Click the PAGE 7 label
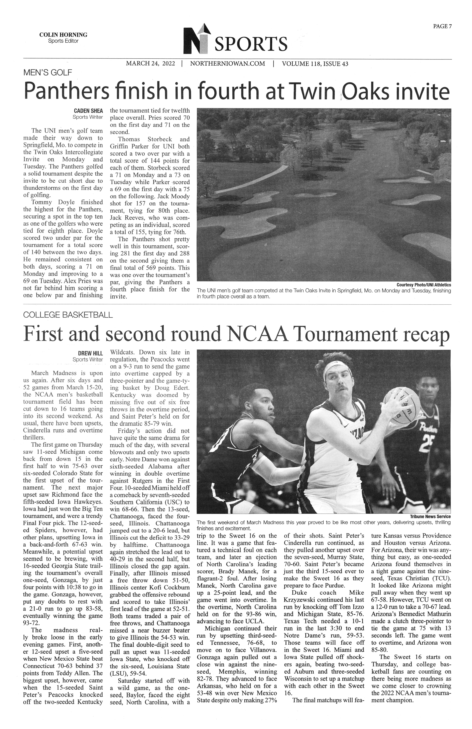coord(442,26)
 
